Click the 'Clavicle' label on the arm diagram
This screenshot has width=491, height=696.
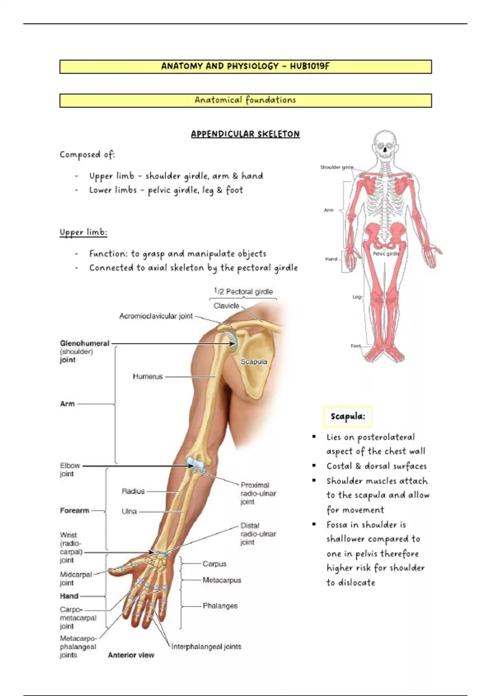(226, 306)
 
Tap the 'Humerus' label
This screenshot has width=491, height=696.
(148, 376)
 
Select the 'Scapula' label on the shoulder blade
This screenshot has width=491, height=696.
(254, 362)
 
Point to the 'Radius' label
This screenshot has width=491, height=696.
(133, 491)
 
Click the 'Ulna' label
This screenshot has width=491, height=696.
(129, 511)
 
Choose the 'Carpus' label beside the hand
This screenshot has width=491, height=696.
(214, 564)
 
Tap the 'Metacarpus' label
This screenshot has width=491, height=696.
(222, 580)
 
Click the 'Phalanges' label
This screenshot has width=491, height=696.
(220, 606)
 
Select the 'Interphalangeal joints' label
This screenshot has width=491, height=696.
(206, 646)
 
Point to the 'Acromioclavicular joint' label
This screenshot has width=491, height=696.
(156, 316)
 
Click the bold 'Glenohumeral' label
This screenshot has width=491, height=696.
(85, 343)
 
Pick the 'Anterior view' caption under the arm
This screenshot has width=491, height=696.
(131, 655)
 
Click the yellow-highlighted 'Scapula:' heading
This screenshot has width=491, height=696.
(348, 417)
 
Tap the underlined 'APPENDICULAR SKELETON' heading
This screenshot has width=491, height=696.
(245, 134)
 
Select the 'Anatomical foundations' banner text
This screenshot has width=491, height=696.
(245, 100)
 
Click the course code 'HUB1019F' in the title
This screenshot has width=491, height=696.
(309, 66)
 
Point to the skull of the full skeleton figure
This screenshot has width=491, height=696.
(385, 145)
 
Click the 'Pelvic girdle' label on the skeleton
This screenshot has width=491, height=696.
(386, 254)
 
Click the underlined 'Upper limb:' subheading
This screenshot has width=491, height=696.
(83, 233)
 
